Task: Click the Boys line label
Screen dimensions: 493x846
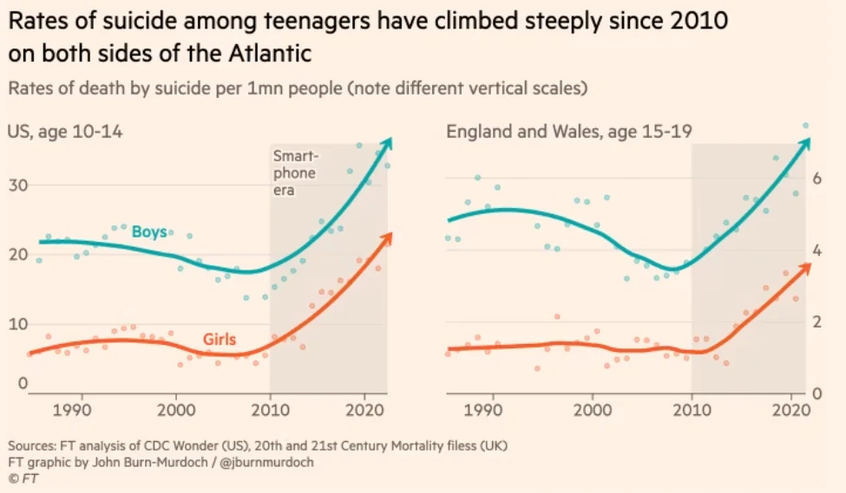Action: click(x=149, y=231)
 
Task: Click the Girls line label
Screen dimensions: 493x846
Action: click(x=220, y=340)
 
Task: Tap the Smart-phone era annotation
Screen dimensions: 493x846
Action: click(x=294, y=172)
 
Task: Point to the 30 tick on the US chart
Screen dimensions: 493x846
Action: click(x=18, y=185)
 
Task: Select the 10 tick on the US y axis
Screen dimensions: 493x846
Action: click(x=18, y=323)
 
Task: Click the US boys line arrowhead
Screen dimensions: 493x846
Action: click(x=388, y=140)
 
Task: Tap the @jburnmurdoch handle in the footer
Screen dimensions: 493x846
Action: click(x=271, y=462)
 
